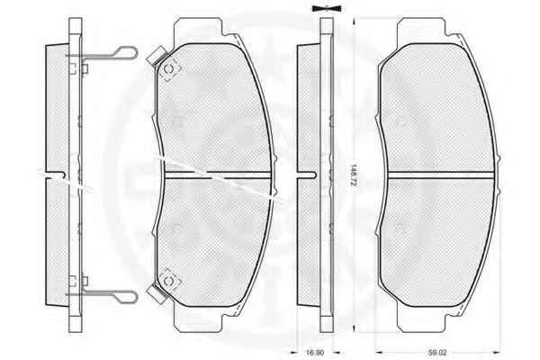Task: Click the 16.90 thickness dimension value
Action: tap(315, 353)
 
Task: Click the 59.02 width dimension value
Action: tap(437, 353)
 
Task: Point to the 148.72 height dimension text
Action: tap(352, 175)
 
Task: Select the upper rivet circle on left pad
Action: tap(169, 69)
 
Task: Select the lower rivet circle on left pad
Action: tap(168, 281)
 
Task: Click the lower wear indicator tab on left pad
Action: tap(156, 293)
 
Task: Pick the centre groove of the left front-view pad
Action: tap(218, 175)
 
